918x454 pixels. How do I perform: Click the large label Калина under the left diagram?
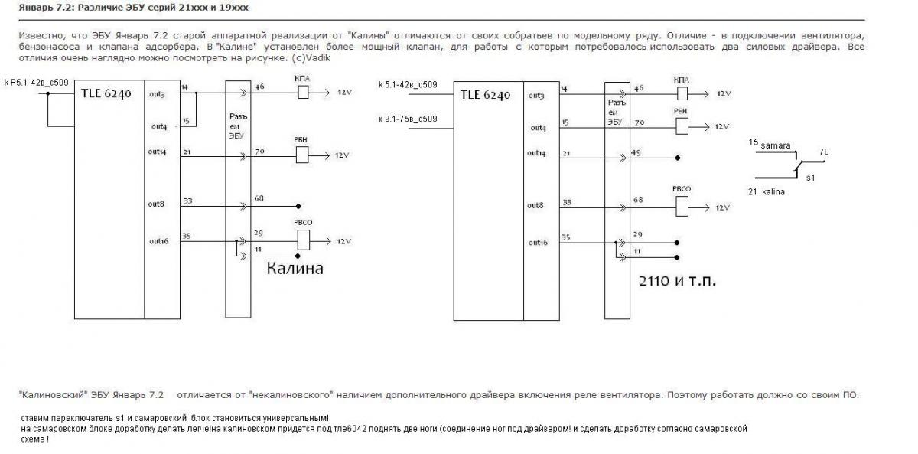click(x=295, y=269)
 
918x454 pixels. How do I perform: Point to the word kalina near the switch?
click(x=773, y=191)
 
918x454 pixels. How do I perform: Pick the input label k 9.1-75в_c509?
click(x=408, y=119)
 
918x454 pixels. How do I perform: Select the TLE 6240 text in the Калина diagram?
click(x=106, y=94)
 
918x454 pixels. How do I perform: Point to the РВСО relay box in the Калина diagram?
click(x=303, y=240)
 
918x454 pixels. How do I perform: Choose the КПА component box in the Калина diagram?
click(x=302, y=93)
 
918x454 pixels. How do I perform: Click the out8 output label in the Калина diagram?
click(x=157, y=204)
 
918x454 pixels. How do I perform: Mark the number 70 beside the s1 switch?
click(x=823, y=152)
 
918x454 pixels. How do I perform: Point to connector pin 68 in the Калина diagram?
click(x=259, y=199)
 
